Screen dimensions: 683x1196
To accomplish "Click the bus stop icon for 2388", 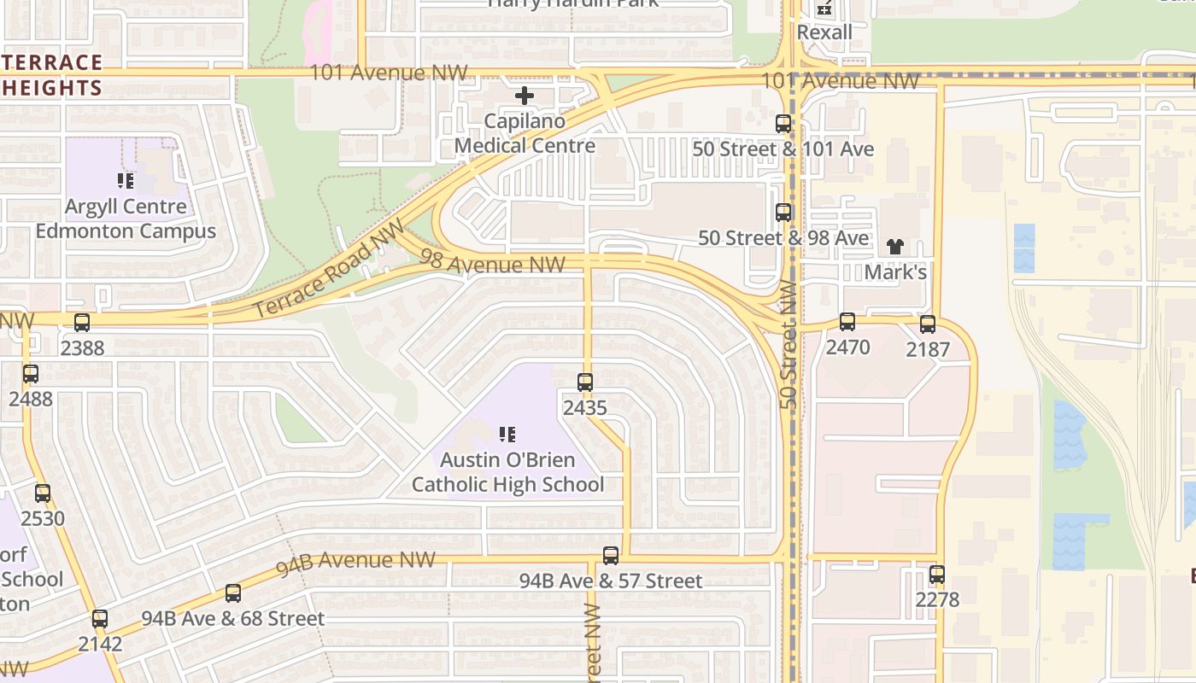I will pyautogui.click(x=82, y=323).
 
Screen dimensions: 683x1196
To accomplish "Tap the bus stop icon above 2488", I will pyautogui.click(x=31, y=373).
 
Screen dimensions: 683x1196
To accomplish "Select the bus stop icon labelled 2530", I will pyautogui.click(x=43, y=493).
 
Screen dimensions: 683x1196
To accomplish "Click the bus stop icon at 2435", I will pyautogui.click(x=585, y=382).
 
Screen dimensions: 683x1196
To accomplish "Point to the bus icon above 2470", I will pyautogui.click(x=847, y=322).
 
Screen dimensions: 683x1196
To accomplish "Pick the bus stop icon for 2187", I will pyautogui.click(x=928, y=324).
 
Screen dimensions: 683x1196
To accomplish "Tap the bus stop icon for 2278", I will pyautogui.click(x=937, y=575).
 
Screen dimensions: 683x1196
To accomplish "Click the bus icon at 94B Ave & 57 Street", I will pyautogui.click(x=611, y=556).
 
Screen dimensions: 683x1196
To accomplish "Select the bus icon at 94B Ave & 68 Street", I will pyautogui.click(x=232, y=593).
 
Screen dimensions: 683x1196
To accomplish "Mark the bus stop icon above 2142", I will pyautogui.click(x=100, y=619).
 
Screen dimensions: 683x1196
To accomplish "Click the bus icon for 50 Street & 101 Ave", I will pyautogui.click(x=783, y=124).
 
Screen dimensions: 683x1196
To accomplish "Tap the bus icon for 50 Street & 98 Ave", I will pyautogui.click(x=783, y=213).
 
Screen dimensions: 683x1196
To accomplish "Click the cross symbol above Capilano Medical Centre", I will pyautogui.click(x=525, y=96).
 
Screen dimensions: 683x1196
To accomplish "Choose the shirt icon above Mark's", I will pyautogui.click(x=894, y=247).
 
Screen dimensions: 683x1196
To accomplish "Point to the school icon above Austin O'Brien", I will pyautogui.click(x=507, y=435).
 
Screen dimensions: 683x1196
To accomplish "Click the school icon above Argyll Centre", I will pyautogui.click(x=126, y=181).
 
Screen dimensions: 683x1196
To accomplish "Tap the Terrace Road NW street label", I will pyautogui.click(x=328, y=268).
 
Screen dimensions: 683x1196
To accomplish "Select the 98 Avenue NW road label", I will pyautogui.click(x=493, y=263).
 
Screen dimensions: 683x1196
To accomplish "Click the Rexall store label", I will pyautogui.click(x=824, y=32).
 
